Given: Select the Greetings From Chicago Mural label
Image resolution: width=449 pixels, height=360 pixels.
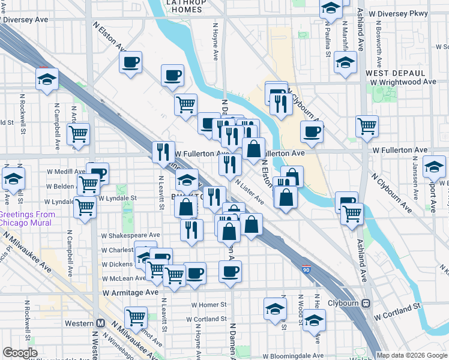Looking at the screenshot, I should pyautogui.click(x=28, y=218).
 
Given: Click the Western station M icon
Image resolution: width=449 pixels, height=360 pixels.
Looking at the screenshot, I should pyautogui.click(x=100, y=323).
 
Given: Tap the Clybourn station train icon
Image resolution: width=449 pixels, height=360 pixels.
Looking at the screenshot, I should pyautogui.click(x=364, y=303).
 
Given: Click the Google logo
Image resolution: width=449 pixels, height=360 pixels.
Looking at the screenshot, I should pyautogui.click(x=20, y=353).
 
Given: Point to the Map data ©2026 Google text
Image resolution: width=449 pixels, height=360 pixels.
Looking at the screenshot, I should pyautogui.click(x=412, y=355).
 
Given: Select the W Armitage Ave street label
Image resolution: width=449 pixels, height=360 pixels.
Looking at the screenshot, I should pyautogui.click(x=130, y=292).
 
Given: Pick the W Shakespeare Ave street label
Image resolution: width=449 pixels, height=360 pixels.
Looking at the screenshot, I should pyautogui.click(x=131, y=235).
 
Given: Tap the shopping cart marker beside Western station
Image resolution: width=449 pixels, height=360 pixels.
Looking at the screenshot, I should pyautogui.click(x=136, y=316).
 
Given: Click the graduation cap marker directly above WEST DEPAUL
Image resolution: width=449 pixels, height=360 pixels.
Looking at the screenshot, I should pyautogui.click(x=345, y=62).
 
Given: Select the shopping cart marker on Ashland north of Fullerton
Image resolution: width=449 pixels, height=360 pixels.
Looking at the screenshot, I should pyautogui.click(x=367, y=126).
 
